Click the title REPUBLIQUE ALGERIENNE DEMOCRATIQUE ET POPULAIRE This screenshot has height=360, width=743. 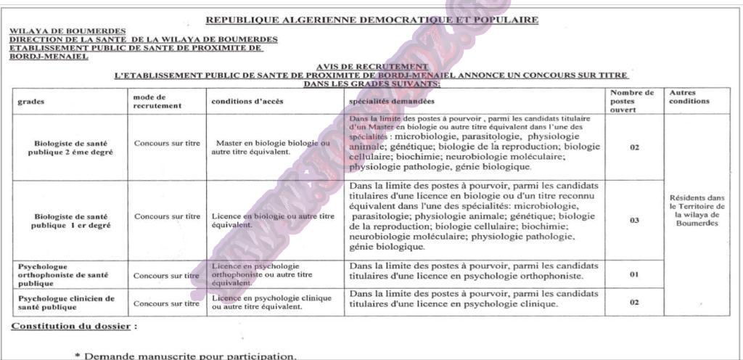[371, 20]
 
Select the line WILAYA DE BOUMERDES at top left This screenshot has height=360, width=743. [57, 30]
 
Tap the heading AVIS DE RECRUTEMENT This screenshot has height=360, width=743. [372, 66]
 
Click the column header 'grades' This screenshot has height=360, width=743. [31, 102]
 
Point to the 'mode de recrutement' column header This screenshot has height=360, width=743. [149, 101]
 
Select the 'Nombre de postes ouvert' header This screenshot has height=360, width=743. [632, 101]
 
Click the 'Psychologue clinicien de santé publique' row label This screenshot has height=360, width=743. [67, 303]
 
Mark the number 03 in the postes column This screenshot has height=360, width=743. [634, 220]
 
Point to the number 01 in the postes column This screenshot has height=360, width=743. [633, 275]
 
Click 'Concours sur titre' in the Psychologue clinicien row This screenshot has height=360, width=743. [167, 303]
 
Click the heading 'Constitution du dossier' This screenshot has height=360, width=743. [70, 327]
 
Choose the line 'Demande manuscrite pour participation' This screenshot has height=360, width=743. [185, 355]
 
